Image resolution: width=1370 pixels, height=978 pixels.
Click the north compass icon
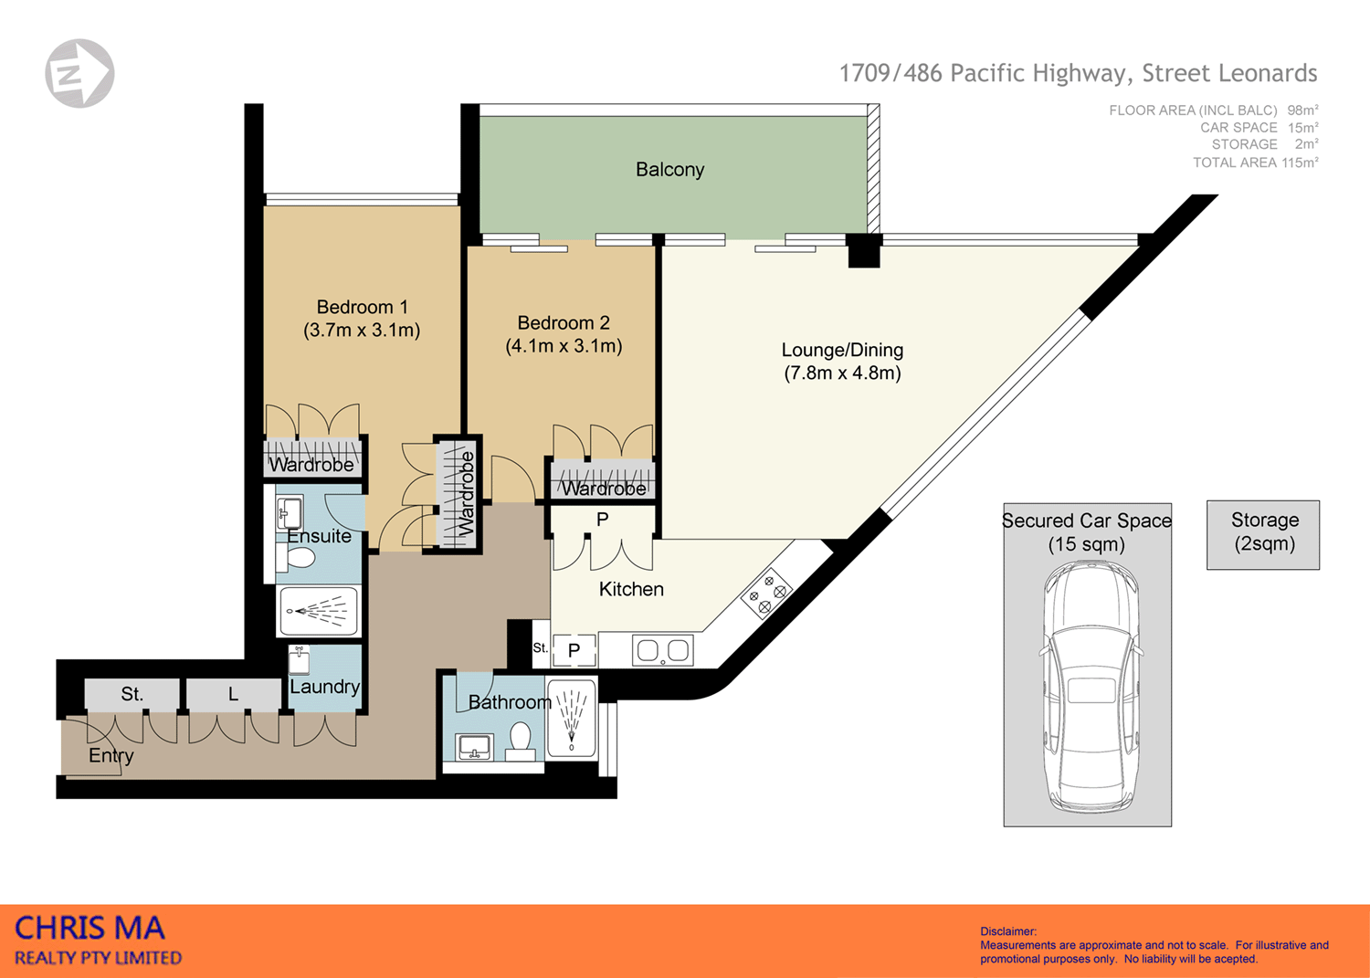coord(79,73)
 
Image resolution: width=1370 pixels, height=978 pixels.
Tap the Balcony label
coord(669,170)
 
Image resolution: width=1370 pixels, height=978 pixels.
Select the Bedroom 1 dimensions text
coord(362,331)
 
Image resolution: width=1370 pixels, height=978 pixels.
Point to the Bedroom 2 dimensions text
coord(564,346)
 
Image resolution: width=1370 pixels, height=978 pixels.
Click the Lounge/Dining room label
coord(842,350)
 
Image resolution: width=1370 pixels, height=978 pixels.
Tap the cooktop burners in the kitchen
coord(767,594)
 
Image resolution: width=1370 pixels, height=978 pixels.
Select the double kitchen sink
coord(663,651)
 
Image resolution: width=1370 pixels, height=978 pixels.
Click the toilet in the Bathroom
coord(521,740)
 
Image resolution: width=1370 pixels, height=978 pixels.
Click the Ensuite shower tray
coord(319,611)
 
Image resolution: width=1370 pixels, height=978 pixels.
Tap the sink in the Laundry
coord(300,659)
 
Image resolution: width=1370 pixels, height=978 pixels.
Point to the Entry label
coord(111,756)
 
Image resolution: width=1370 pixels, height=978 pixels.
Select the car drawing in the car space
coord(1087,685)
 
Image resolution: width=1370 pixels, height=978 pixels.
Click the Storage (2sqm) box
coord(1263,534)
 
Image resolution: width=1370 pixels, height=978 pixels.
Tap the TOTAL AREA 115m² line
coord(1255,163)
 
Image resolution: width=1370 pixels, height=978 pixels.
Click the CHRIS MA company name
coord(90,929)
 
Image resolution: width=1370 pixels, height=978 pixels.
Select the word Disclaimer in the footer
coord(1008,931)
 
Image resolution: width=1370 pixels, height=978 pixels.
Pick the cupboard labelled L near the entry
coord(233,695)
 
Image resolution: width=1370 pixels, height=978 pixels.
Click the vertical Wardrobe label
coord(467,493)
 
